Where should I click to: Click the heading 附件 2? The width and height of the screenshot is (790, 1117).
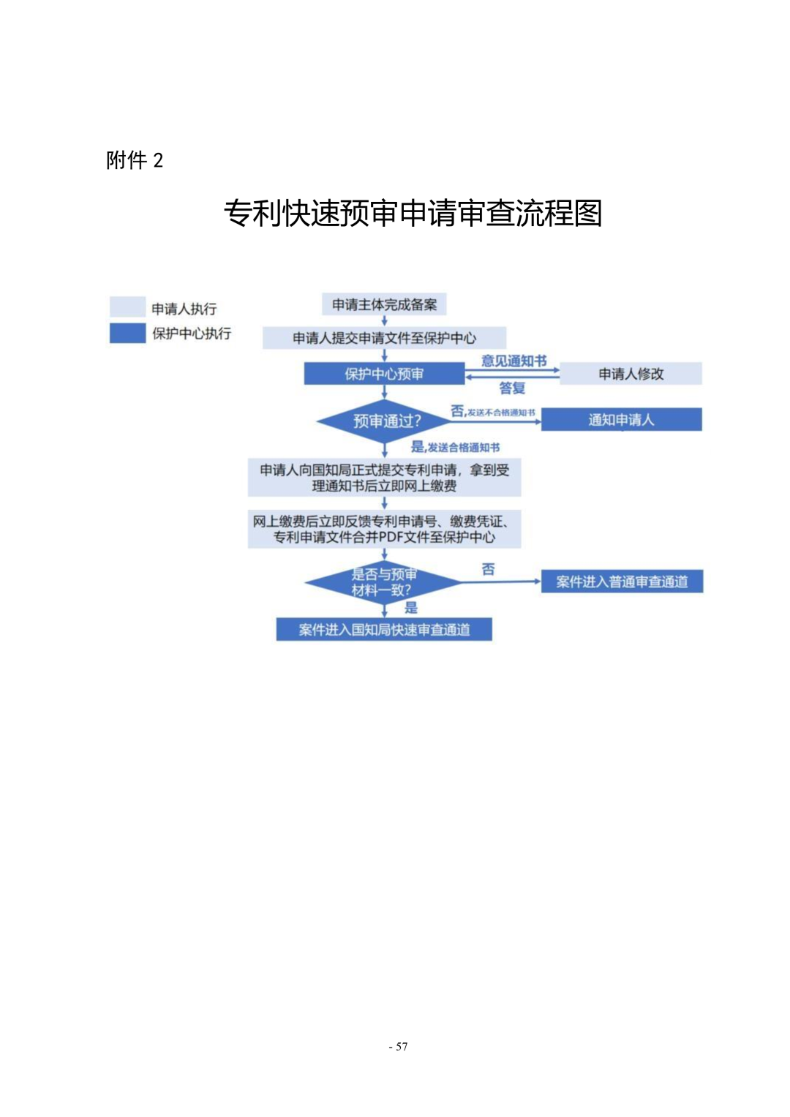[x=135, y=160]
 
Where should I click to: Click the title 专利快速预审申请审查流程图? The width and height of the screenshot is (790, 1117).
[x=413, y=214]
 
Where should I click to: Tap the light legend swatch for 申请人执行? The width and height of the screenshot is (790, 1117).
[x=127, y=306]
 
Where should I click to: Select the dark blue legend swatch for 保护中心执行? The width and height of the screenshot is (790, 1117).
[x=127, y=333]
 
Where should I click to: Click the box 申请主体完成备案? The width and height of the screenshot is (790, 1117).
[x=384, y=304]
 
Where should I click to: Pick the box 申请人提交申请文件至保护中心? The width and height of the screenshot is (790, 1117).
[x=384, y=338]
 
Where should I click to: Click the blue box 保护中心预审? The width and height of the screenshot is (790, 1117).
[x=384, y=374]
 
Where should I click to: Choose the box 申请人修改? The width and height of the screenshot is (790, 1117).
[x=631, y=374]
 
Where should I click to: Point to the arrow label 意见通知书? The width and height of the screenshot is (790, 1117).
[x=513, y=361]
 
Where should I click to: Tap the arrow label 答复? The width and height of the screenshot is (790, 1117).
[x=512, y=388]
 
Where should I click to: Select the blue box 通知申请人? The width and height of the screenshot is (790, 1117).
[x=621, y=420]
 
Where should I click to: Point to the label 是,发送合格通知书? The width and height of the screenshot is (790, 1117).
[x=455, y=447]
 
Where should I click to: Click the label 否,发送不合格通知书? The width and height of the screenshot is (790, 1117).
[x=492, y=412]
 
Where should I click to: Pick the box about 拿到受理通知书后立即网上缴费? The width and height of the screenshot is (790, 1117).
[x=384, y=478]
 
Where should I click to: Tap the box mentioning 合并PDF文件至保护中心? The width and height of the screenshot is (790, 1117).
[x=384, y=529]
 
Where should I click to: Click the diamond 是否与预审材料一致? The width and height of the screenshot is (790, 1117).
[x=383, y=582]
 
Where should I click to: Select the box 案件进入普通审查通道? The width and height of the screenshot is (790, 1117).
[x=622, y=582]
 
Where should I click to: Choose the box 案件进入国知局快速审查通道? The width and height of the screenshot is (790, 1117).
[x=384, y=630]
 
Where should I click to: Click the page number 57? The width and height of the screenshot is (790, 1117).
[x=399, y=1047]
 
